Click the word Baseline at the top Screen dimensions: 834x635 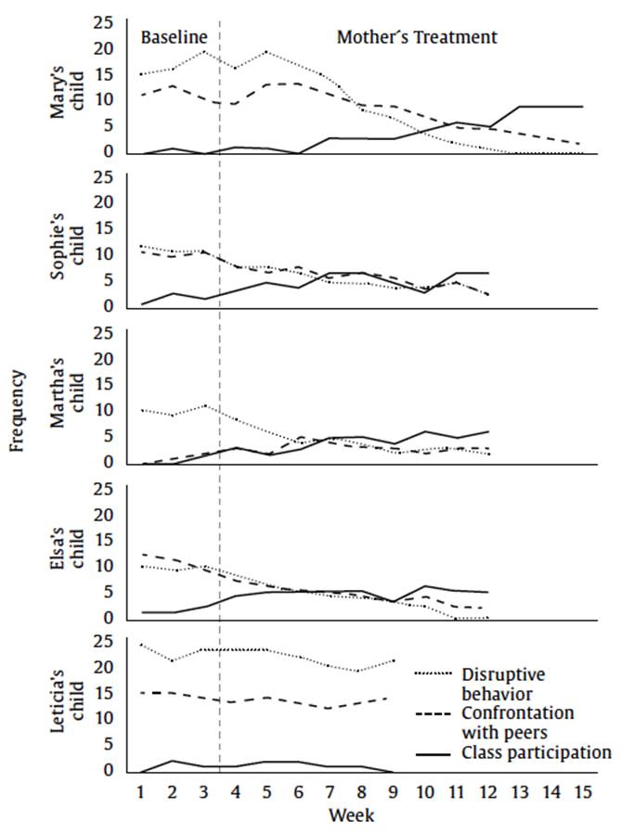coord(172,38)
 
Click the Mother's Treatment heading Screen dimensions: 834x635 coord(417,38)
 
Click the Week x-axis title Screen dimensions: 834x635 coord(352,815)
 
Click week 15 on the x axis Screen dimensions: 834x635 coord(582,793)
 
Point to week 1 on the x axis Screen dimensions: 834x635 coord(140,793)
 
